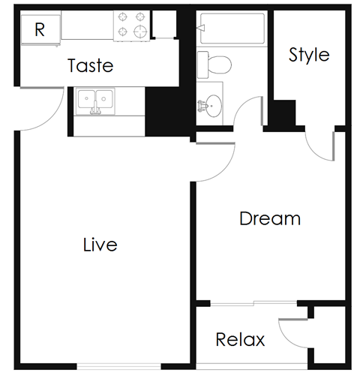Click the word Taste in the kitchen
point(91,65)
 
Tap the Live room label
point(100,244)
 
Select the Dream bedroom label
point(270,218)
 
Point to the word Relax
point(240,339)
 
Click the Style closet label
point(309,55)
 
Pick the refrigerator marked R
point(40,30)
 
